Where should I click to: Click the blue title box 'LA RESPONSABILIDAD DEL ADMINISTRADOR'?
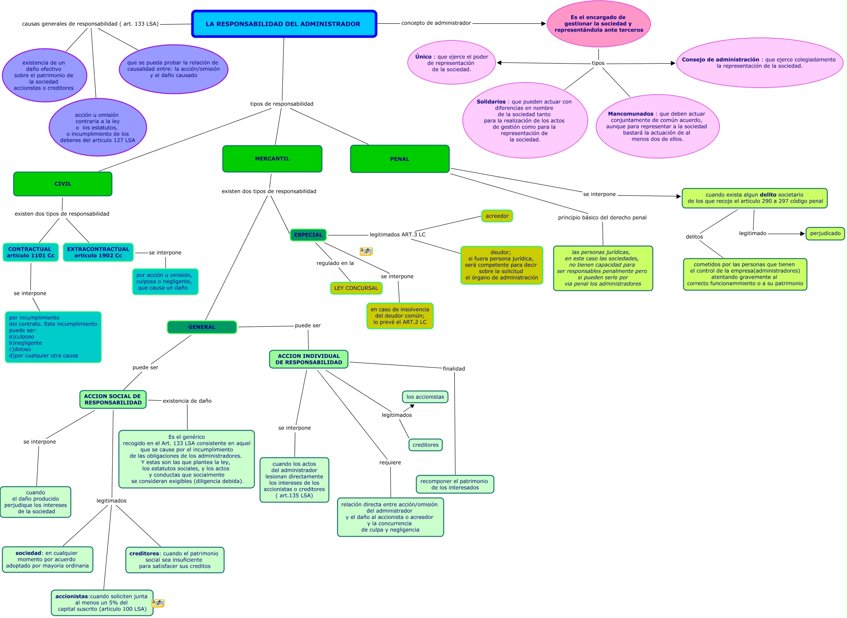pyautogui.click(x=284, y=24)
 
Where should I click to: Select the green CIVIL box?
pyautogui.click(x=63, y=184)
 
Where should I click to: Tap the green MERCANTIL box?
pyautogui.click(x=272, y=159)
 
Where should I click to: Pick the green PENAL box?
pyautogui.click(x=400, y=159)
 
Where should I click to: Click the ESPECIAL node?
pyautogui.click(x=308, y=235)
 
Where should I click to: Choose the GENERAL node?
pyautogui.click(x=202, y=327)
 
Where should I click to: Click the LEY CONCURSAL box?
pyautogui.click(x=356, y=288)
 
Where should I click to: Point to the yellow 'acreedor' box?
pyautogui.click(x=497, y=216)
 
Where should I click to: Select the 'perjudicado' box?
pyautogui.click(x=825, y=233)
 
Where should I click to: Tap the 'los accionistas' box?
pyautogui.click(x=425, y=397)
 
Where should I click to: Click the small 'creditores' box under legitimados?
pyautogui.click(x=426, y=445)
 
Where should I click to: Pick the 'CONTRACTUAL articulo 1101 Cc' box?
pyautogui.click(x=30, y=252)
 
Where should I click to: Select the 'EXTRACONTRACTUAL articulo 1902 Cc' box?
pyautogui.click(x=98, y=252)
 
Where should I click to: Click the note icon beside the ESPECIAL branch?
pyautogui.click(x=366, y=251)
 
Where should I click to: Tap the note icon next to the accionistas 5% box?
pyautogui.click(x=158, y=603)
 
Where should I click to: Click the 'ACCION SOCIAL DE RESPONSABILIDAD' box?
pyautogui.click(x=113, y=399)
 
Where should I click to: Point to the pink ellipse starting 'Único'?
pyautogui.click(x=452, y=63)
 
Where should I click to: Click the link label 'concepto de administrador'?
pyautogui.click(x=436, y=23)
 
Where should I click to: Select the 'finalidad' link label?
pyautogui.click(x=454, y=369)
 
